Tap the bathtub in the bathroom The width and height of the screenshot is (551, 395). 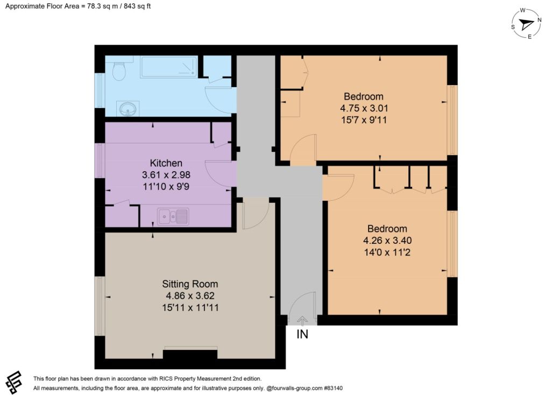pos(168,67)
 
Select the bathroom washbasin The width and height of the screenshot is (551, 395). pos(129,109)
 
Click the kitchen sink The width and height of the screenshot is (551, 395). pos(173,216)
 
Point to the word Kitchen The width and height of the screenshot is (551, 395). pos(166,163)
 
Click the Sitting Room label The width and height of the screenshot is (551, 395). pos(190,284)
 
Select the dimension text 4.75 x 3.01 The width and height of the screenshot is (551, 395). pos(364,108)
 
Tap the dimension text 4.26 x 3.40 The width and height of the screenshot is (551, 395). pos(387,241)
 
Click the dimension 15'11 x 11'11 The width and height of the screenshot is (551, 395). pos(190,307)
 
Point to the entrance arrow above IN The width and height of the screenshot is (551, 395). pos(302,321)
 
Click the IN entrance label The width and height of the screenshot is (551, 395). pos(302,334)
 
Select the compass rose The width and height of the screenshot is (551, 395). pos(526,24)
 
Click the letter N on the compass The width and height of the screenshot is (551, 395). pos(539,20)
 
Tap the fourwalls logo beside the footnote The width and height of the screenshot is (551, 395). pos(13,383)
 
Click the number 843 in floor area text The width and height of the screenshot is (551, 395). pos(129,6)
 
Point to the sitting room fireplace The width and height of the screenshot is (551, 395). pos(190,353)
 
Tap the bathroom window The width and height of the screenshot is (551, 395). pos(100,90)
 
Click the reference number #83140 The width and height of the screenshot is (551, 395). pos(333,389)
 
